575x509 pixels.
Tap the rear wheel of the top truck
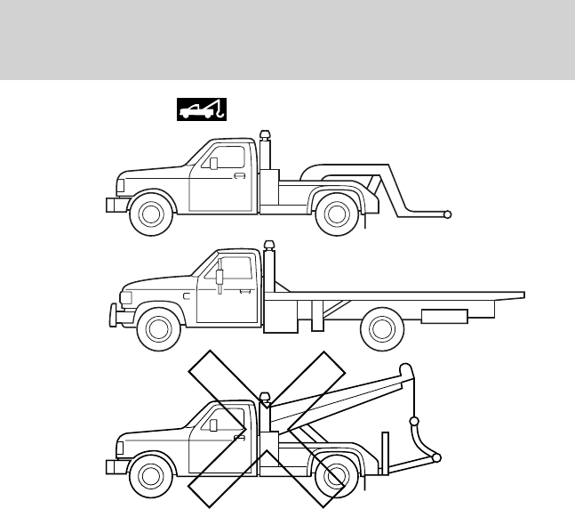pos(335,214)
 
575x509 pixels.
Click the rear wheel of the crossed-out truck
pos(335,477)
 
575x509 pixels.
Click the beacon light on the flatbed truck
pos(268,246)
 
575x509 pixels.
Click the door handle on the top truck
pos(238,176)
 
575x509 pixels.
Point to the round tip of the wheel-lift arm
pos(449,214)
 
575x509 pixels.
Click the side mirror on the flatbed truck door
pos(219,278)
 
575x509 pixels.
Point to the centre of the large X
pos(267,430)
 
